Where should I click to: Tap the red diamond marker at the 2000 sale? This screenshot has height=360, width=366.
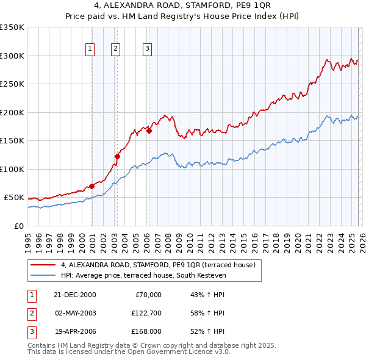click(x=92, y=186)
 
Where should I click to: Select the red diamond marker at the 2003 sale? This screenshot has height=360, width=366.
click(x=117, y=156)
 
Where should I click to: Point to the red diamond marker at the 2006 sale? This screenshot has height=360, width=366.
click(x=148, y=130)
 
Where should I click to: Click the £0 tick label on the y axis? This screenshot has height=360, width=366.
click(x=18, y=226)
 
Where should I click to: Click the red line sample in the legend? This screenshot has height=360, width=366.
click(x=43, y=265)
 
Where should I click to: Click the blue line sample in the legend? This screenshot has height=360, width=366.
click(x=43, y=276)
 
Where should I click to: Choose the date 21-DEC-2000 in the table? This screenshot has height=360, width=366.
click(x=75, y=295)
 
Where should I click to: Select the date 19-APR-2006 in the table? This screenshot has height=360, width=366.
click(x=75, y=331)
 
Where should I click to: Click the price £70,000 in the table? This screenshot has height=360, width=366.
click(x=148, y=295)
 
